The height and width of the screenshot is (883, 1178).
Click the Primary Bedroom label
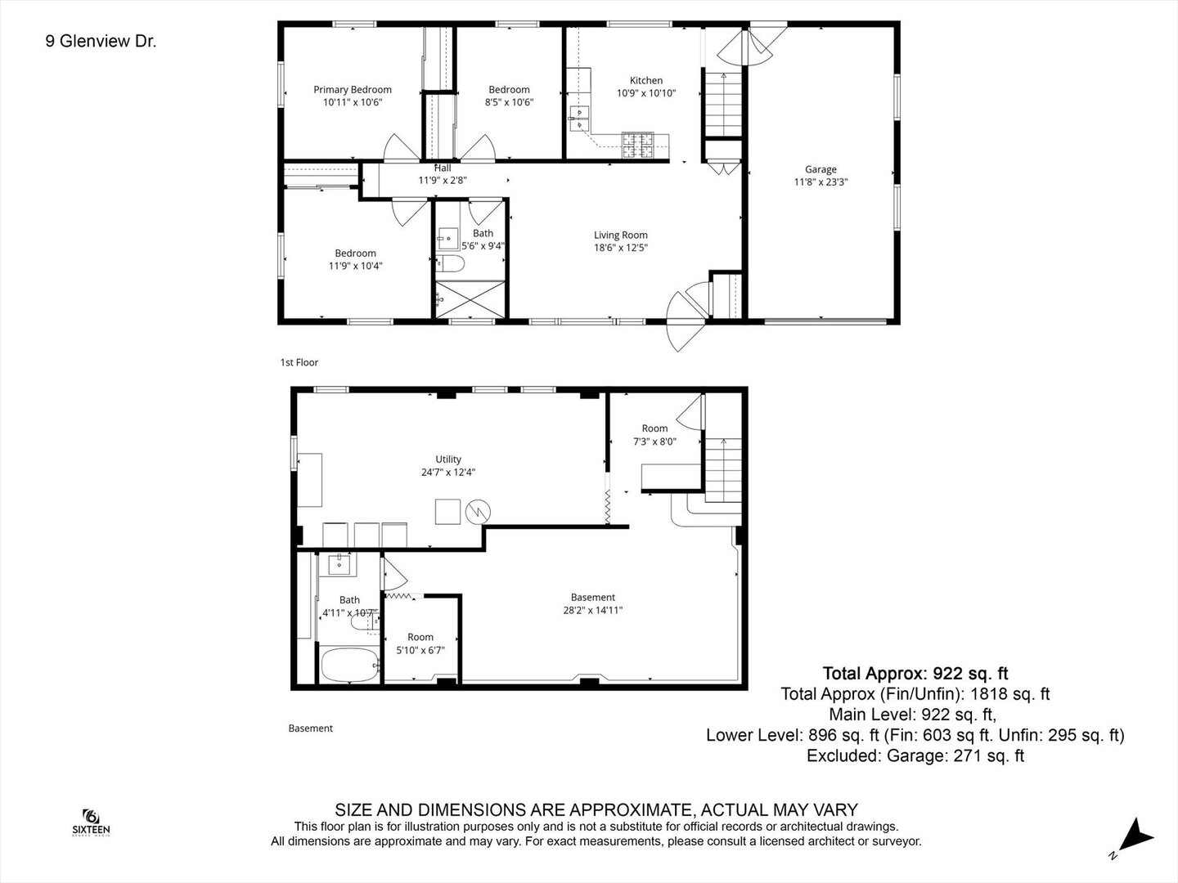pyautogui.click(x=353, y=90)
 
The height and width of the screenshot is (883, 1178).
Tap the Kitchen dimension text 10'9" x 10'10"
pyautogui.click(x=645, y=93)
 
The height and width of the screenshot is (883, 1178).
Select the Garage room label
pyautogui.click(x=821, y=170)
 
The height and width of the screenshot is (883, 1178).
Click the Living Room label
pyautogui.click(x=621, y=235)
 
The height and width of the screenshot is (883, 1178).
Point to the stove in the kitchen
pyautogui.click(x=638, y=145)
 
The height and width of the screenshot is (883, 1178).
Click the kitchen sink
pyautogui.click(x=579, y=118)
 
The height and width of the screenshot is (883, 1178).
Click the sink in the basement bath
pyautogui.click(x=339, y=563)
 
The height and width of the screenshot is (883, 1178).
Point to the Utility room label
pyautogui.click(x=448, y=459)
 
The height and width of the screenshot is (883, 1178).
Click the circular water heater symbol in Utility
pyautogui.click(x=478, y=513)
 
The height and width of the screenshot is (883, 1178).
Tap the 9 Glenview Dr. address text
pyautogui.click(x=101, y=41)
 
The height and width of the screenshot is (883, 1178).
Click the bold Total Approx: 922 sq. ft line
pyautogui.click(x=915, y=674)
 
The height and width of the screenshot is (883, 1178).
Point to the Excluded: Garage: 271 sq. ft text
pyautogui.click(x=915, y=756)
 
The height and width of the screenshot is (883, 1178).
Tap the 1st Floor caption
pyautogui.click(x=299, y=362)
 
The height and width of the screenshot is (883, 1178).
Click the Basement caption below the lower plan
pyautogui.click(x=311, y=728)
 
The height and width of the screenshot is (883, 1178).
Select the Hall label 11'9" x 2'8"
pyautogui.click(x=443, y=174)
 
